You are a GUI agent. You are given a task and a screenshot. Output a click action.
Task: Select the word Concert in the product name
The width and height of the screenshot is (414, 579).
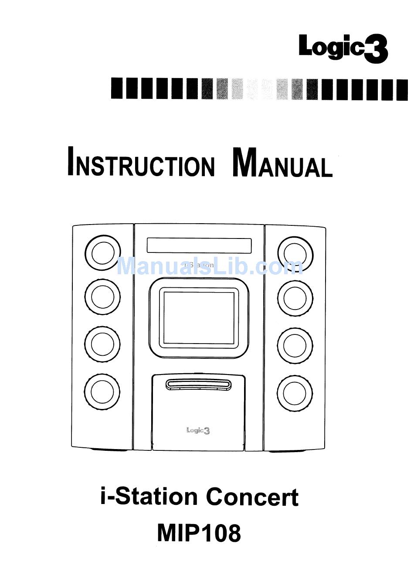click(x=252, y=497)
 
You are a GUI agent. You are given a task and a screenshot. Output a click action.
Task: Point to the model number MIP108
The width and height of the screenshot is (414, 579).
click(x=199, y=532)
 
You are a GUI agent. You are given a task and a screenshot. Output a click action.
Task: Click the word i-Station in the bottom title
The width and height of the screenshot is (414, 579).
click(x=149, y=497)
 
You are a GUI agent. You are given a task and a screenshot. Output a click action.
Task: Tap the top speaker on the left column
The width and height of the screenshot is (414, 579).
click(x=102, y=252)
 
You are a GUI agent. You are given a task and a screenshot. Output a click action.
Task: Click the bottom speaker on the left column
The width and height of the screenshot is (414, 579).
click(x=102, y=391)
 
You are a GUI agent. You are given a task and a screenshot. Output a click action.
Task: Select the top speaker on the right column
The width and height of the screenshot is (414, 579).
click(x=295, y=253)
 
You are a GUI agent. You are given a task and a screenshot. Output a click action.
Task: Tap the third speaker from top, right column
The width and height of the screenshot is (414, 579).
click(x=295, y=344)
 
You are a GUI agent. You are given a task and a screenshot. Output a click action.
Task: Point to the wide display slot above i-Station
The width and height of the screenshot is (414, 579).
click(x=199, y=245)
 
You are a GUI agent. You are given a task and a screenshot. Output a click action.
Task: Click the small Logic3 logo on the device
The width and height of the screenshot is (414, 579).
click(x=198, y=430)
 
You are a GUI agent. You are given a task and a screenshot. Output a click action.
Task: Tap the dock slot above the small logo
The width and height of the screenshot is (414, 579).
click(x=199, y=384)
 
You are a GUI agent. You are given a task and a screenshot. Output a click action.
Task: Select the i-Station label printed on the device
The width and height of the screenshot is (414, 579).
click(x=199, y=265)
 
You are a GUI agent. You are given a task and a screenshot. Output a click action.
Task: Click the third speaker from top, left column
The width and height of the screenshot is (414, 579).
click(x=102, y=344)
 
